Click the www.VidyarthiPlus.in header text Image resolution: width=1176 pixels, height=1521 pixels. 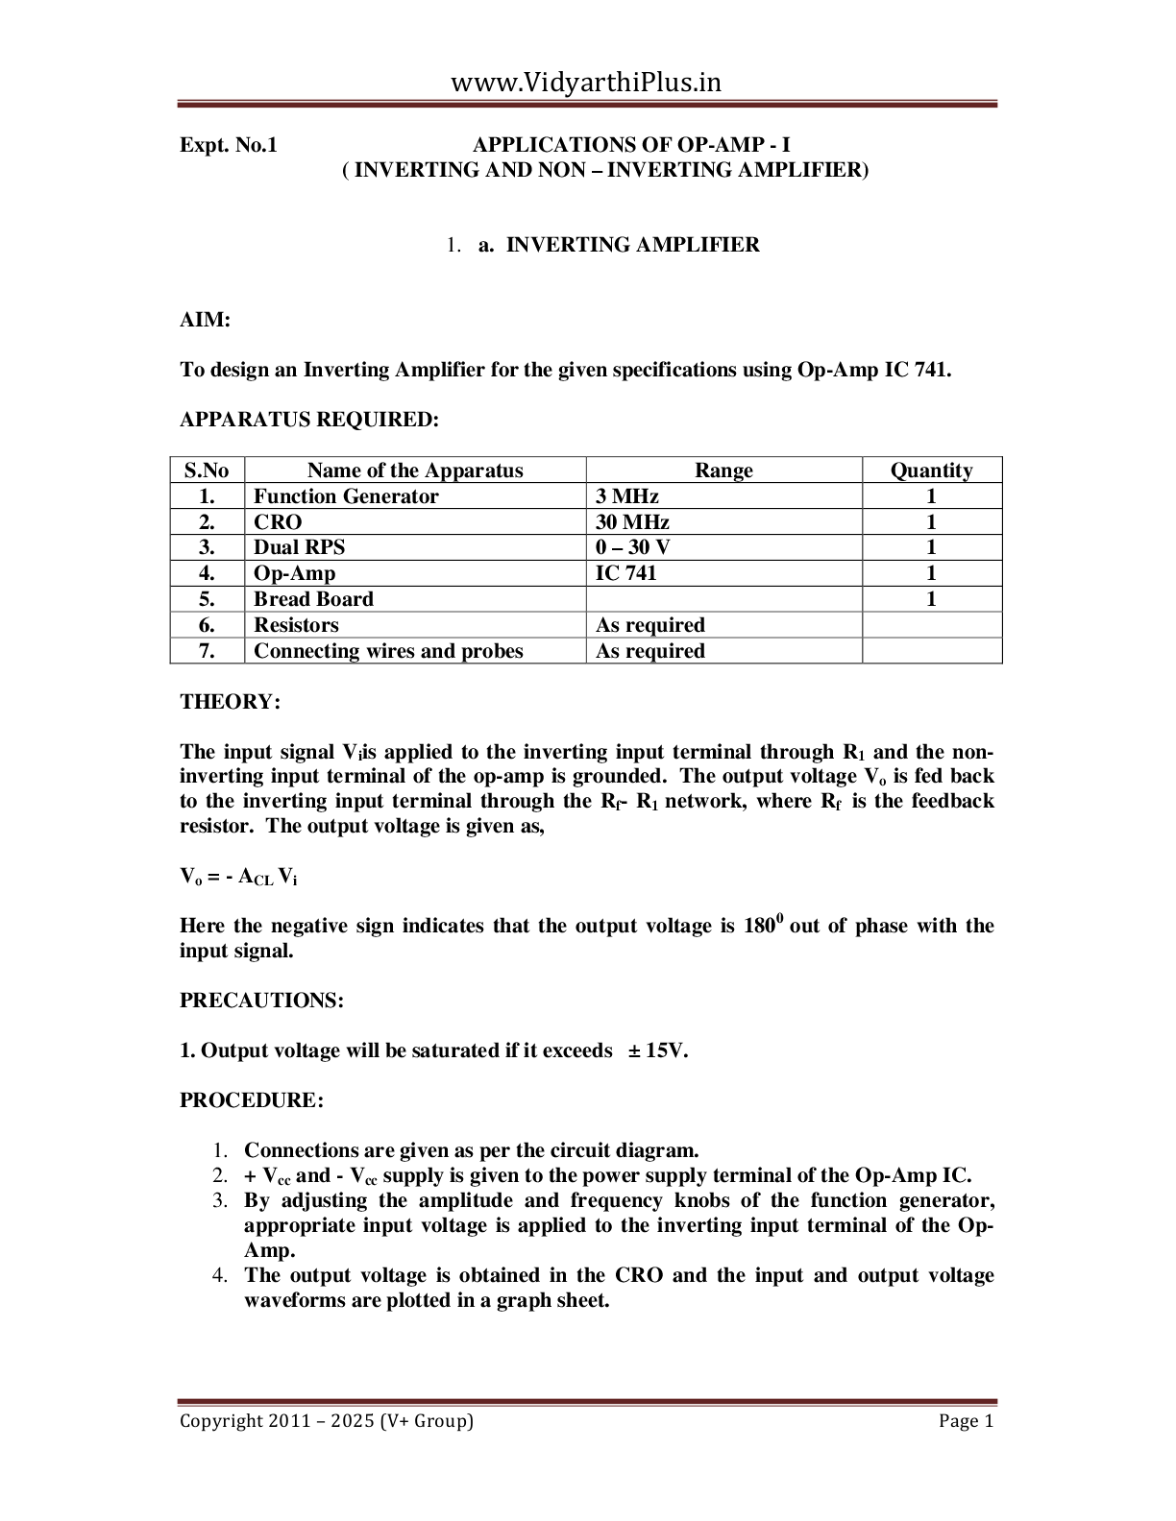(586, 83)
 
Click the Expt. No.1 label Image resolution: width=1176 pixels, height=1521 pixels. (228, 145)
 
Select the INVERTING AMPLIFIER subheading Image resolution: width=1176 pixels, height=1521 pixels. (632, 245)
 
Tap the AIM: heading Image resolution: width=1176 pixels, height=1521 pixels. (205, 320)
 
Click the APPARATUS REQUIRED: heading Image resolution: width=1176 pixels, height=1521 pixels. (309, 420)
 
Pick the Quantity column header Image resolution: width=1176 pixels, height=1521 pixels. (931, 471)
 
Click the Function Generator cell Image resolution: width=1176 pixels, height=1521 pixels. (346, 496)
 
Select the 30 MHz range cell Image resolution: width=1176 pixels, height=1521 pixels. (632, 522)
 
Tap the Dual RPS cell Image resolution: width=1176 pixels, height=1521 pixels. (299, 547)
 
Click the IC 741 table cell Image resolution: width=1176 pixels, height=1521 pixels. (626, 573)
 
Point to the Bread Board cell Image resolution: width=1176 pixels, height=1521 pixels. (313, 599)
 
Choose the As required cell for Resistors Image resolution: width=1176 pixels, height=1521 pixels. (650, 625)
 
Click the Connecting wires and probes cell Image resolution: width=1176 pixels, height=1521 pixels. (388, 651)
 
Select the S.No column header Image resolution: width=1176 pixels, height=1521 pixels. (207, 471)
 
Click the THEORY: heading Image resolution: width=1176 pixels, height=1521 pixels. (230, 702)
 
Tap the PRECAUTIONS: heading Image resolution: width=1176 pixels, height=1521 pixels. (261, 1001)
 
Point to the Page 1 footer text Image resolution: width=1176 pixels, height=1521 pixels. (966, 1421)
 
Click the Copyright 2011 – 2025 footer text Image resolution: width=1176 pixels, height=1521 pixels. (327, 1421)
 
